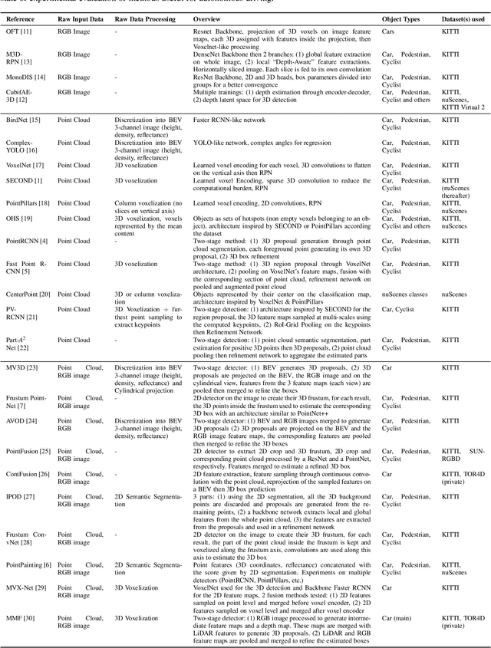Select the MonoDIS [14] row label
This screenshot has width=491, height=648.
click(x=27, y=77)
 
